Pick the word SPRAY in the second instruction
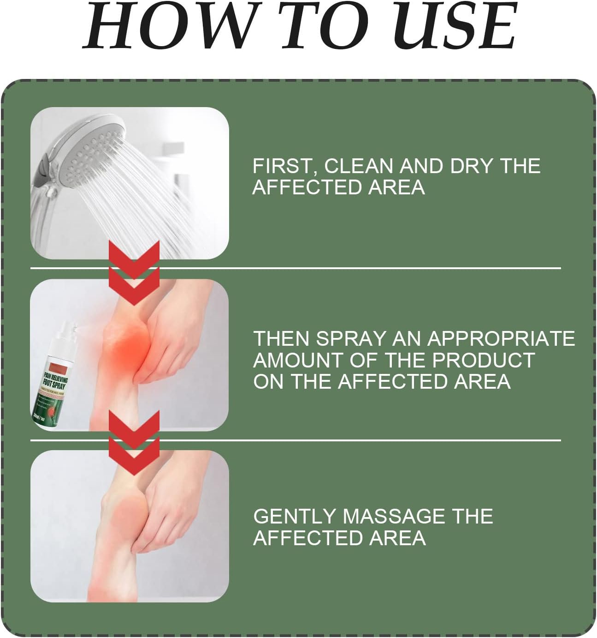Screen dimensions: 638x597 (x=350, y=338)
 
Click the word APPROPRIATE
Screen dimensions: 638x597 (x=501, y=338)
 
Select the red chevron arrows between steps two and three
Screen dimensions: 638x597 (x=134, y=443)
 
